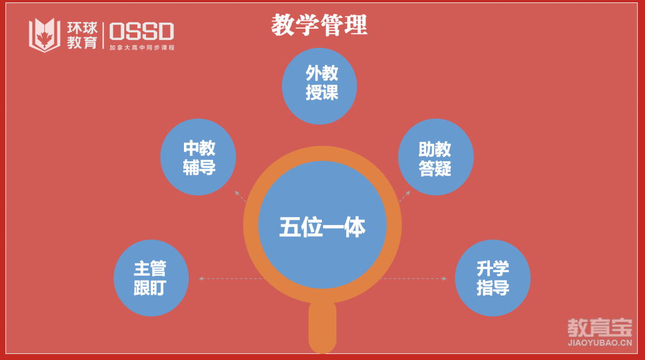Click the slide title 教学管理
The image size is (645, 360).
click(x=319, y=24)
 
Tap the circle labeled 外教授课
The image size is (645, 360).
click(x=319, y=86)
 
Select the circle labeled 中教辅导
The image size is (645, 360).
click(x=198, y=157)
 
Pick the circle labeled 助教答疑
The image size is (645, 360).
click(x=435, y=157)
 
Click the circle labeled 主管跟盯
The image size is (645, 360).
click(x=151, y=278)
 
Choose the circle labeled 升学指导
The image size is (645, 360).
click(x=493, y=278)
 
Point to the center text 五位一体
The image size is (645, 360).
click(x=322, y=227)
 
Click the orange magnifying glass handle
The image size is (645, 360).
click(x=322, y=327)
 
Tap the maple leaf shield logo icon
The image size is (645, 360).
click(x=44, y=35)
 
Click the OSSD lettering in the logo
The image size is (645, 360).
click(x=142, y=32)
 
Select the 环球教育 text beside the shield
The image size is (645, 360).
click(x=82, y=35)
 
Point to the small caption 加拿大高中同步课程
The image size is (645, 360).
click(x=142, y=48)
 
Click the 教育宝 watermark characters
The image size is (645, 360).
click(x=600, y=328)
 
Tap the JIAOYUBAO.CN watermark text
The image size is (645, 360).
click(x=600, y=343)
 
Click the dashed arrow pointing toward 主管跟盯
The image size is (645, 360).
click(x=232, y=279)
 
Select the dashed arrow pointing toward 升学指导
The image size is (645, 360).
click(x=413, y=279)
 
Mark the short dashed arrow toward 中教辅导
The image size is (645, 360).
click(x=240, y=196)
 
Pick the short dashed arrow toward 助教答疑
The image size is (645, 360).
click(x=404, y=196)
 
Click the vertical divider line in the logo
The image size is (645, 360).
click(x=103, y=35)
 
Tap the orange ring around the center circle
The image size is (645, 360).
click(x=251, y=225)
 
